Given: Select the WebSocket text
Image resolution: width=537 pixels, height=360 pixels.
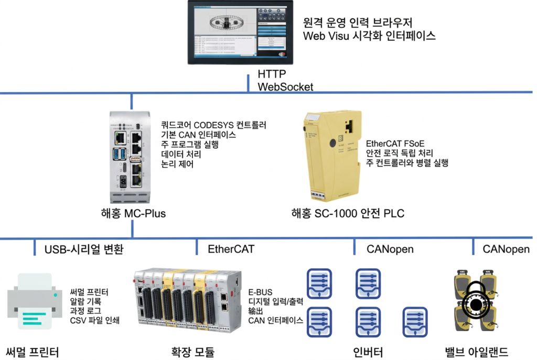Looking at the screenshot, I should pyautogui.click(x=285, y=87).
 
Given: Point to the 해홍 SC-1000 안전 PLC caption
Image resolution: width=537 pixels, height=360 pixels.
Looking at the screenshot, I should pyautogui.click(x=348, y=214).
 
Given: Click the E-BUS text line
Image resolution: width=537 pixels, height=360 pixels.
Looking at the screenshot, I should pyautogui.click(x=261, y=291).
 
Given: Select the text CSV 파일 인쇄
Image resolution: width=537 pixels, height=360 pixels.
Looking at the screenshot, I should pyautogui.click(x=95, y=320).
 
